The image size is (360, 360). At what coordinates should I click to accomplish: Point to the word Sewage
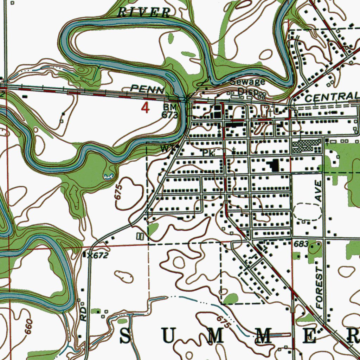click(247, 82)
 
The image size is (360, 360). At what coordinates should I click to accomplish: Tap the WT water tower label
click(166, 149)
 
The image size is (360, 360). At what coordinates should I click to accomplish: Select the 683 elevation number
click(301, 244)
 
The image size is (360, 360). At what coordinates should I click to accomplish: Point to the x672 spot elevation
click(97, 256)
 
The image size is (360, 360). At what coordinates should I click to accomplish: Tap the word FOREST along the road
click(319, 287)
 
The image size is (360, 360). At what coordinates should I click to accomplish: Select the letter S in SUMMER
click(126, 336)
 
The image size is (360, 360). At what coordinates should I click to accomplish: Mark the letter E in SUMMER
click(310, 336)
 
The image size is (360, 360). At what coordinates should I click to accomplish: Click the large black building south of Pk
click(273, 165)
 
